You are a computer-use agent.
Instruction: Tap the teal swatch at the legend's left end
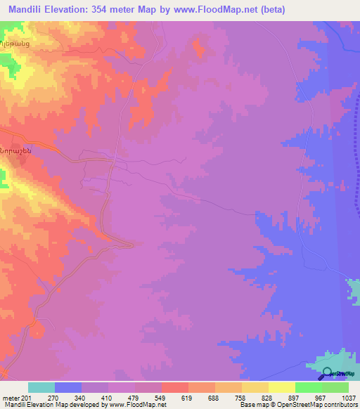tap(41, 387)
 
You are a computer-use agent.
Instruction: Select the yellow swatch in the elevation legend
tap(281, 387)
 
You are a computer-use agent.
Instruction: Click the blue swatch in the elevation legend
tap(68, 387)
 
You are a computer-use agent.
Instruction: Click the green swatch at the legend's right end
tap(335, 387)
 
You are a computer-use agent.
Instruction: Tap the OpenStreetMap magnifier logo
tap(325, 375)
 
